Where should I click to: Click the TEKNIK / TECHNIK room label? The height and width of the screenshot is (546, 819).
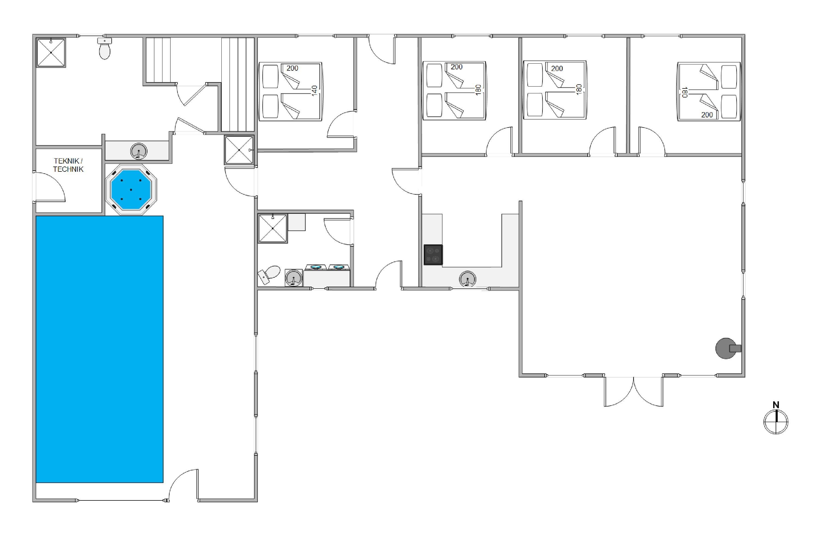[x=68, y=165]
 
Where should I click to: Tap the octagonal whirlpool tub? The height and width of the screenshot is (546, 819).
[x=131, y=190]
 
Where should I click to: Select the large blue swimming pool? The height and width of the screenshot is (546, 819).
[x=100, y=349]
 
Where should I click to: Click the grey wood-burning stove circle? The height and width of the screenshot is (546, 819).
[x=726, y=348]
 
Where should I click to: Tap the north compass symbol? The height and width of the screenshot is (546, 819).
[x=776, y=422]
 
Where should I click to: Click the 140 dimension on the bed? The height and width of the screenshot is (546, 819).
[x=314, y=91]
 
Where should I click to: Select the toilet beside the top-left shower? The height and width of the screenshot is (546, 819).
[x=105, y=49]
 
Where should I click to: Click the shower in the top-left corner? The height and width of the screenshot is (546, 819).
[x=51, y=53]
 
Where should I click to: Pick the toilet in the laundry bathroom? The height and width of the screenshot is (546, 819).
[x=269, y=274]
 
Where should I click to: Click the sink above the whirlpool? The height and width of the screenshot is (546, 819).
[x=139, y=152]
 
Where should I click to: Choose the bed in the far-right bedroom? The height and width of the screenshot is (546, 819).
[x=709, y=91]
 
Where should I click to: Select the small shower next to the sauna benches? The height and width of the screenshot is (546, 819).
[x=239, y=150]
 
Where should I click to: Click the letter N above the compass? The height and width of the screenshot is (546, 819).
[x=776, y=405]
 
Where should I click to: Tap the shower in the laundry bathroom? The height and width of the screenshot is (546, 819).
[x=273, y=229]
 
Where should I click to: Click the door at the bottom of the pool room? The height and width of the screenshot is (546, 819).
[x=183, y=485]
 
